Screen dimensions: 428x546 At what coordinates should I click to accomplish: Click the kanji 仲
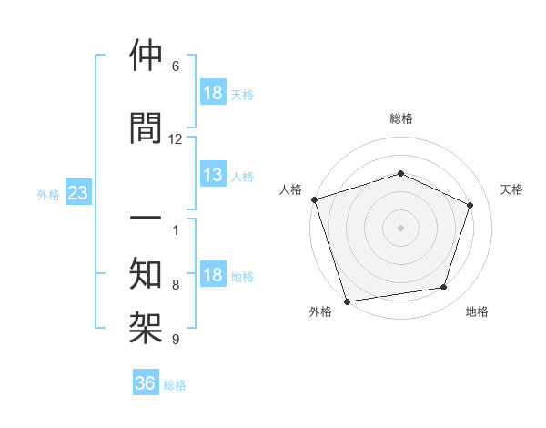146,57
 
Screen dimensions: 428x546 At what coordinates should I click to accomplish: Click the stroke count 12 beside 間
176,138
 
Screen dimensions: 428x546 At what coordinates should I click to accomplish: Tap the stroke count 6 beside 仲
176,66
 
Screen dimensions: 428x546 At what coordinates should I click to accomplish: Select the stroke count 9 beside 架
176,340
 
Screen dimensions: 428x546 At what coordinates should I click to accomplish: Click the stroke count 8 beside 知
176,285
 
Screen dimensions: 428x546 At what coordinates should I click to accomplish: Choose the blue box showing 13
213,176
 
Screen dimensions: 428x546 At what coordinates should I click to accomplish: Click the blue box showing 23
77,193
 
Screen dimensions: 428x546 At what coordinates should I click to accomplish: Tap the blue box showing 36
146,383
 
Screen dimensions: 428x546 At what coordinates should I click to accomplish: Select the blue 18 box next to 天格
213,94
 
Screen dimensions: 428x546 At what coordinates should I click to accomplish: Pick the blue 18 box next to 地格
213,276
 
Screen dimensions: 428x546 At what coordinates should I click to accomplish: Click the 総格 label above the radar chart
401,118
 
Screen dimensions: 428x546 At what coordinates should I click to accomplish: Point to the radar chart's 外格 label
320,311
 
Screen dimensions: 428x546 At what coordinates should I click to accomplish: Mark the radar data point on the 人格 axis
314,199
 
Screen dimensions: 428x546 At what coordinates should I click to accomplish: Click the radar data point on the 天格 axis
470,205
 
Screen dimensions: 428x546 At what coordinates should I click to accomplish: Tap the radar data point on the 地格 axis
443,288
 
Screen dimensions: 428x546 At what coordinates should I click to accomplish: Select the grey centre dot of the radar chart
400,228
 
